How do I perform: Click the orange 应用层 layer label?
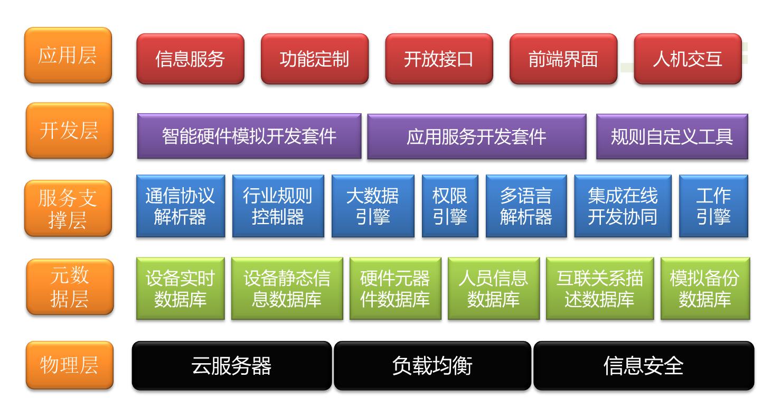tap(68, 55)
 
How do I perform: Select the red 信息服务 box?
tap(191, 59)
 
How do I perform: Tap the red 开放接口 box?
tap(439, 59)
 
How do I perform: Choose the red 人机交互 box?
tap(688, 59)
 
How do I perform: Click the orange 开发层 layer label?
tap(69, 131)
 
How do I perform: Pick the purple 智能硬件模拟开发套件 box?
tap(249, 136)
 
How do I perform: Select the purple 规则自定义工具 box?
tap(672, 136)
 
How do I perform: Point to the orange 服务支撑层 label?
tap(68, 208)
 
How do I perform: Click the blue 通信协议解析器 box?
tap(181, 206)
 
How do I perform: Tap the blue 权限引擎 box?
tap(450, 206)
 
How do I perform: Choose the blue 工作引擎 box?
tap(714, 206)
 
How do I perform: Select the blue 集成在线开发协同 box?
tap(623, 206)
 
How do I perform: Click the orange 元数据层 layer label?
tap(70, 287)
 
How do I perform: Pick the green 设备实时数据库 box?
tap(181, 289)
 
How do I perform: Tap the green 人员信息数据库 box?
tap(494, 289)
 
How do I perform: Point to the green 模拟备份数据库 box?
tap(705, 289)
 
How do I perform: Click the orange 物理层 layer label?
tap(69, 365)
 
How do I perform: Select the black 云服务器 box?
tap(232, 366)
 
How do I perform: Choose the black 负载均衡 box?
tap(432, 366)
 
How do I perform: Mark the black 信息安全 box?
tap(644, 366)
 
